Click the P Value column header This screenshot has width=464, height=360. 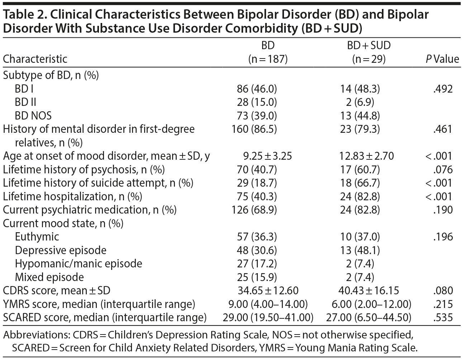pyautogui.click(x=442, y=59)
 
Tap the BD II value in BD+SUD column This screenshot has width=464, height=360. pyautogui.click(x=360, y=102)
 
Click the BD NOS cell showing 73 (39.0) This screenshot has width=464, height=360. pyautogui.click(x=257, y=116)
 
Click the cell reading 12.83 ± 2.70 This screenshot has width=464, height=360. pyautogui.click(x=366, y=156)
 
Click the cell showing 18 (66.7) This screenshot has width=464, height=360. pyautogui.click(x=360, y=183)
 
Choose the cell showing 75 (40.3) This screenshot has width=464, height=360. pyautogui.click(x=257, y=197)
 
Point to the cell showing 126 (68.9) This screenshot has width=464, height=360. pyautogui.click(x=257, y=210)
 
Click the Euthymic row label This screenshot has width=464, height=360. pyautogui.click(x=37, y=237)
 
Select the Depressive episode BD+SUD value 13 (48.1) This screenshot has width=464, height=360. pyautogui.click(x=360, y=250)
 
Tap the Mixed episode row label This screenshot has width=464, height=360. pyautogui.click(x=49, y=277)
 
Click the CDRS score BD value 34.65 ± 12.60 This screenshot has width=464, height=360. pyautogui.click(x=268, y=291)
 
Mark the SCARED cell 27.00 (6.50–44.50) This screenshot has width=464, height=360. pyautogui.click(x=369, y=318)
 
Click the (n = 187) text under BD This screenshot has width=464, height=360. pyautogui.click(x=268, y=59)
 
